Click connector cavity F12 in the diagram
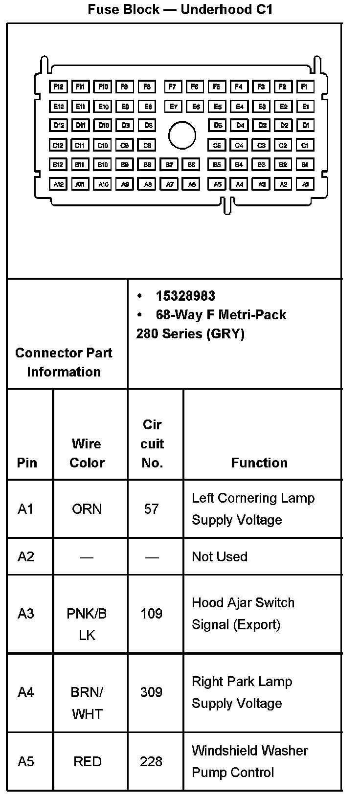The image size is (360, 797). click(58, 87)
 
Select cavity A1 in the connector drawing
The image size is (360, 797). click(305, 184)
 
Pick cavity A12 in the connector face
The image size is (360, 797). click(58, 184)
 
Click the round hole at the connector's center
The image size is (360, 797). click(182, 135)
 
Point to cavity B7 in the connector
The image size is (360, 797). click(169, 165)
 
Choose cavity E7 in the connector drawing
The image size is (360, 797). click(173, 107)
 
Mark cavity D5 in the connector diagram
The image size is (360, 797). click(217, 126)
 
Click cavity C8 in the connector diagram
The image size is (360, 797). click(147, 145)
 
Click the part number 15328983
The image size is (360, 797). click(185, 296)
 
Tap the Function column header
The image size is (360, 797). click(259, 463)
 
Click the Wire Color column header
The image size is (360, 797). click(87, 453)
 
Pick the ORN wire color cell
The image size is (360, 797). click(87, 509)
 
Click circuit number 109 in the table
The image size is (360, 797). click(151, 614)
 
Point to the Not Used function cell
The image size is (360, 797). click(220, 556)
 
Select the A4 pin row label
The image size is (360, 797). click(26, 692)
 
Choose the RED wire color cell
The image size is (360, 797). click(87, 761)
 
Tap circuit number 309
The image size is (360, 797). click(151, 692)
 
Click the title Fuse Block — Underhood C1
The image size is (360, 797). click(180, 9)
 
